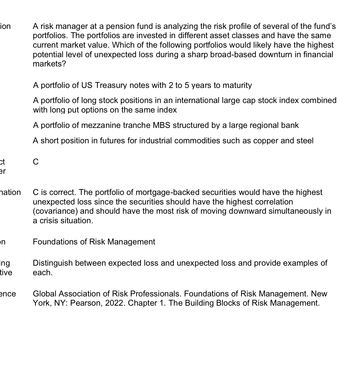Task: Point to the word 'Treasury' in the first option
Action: pyautogui.click(x=111, y=85)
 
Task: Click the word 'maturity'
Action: pyautogui.click(x=237, y=85)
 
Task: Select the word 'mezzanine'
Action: pyautogui.click(x=98, y=125)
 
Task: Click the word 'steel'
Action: pyautogui.click(x=305, y=141)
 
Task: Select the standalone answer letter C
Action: pyautogui.click(x=36, y=162)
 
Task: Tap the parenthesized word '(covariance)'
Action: pyautogui.click(x=55, y=211)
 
